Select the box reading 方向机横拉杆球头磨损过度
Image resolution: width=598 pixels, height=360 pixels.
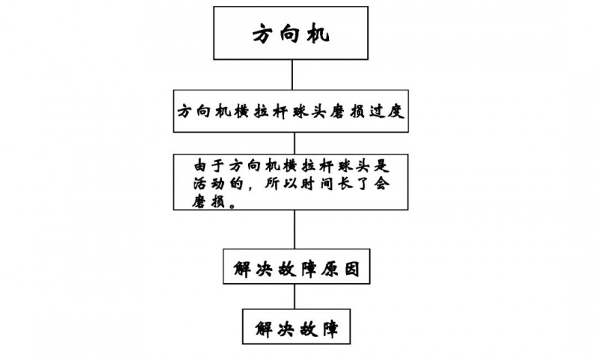[292, 112]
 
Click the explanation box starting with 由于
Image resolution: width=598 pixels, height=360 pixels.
[292, 181]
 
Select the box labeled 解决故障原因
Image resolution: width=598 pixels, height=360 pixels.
[297, 268]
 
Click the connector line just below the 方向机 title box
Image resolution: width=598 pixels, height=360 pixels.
[293, 74]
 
